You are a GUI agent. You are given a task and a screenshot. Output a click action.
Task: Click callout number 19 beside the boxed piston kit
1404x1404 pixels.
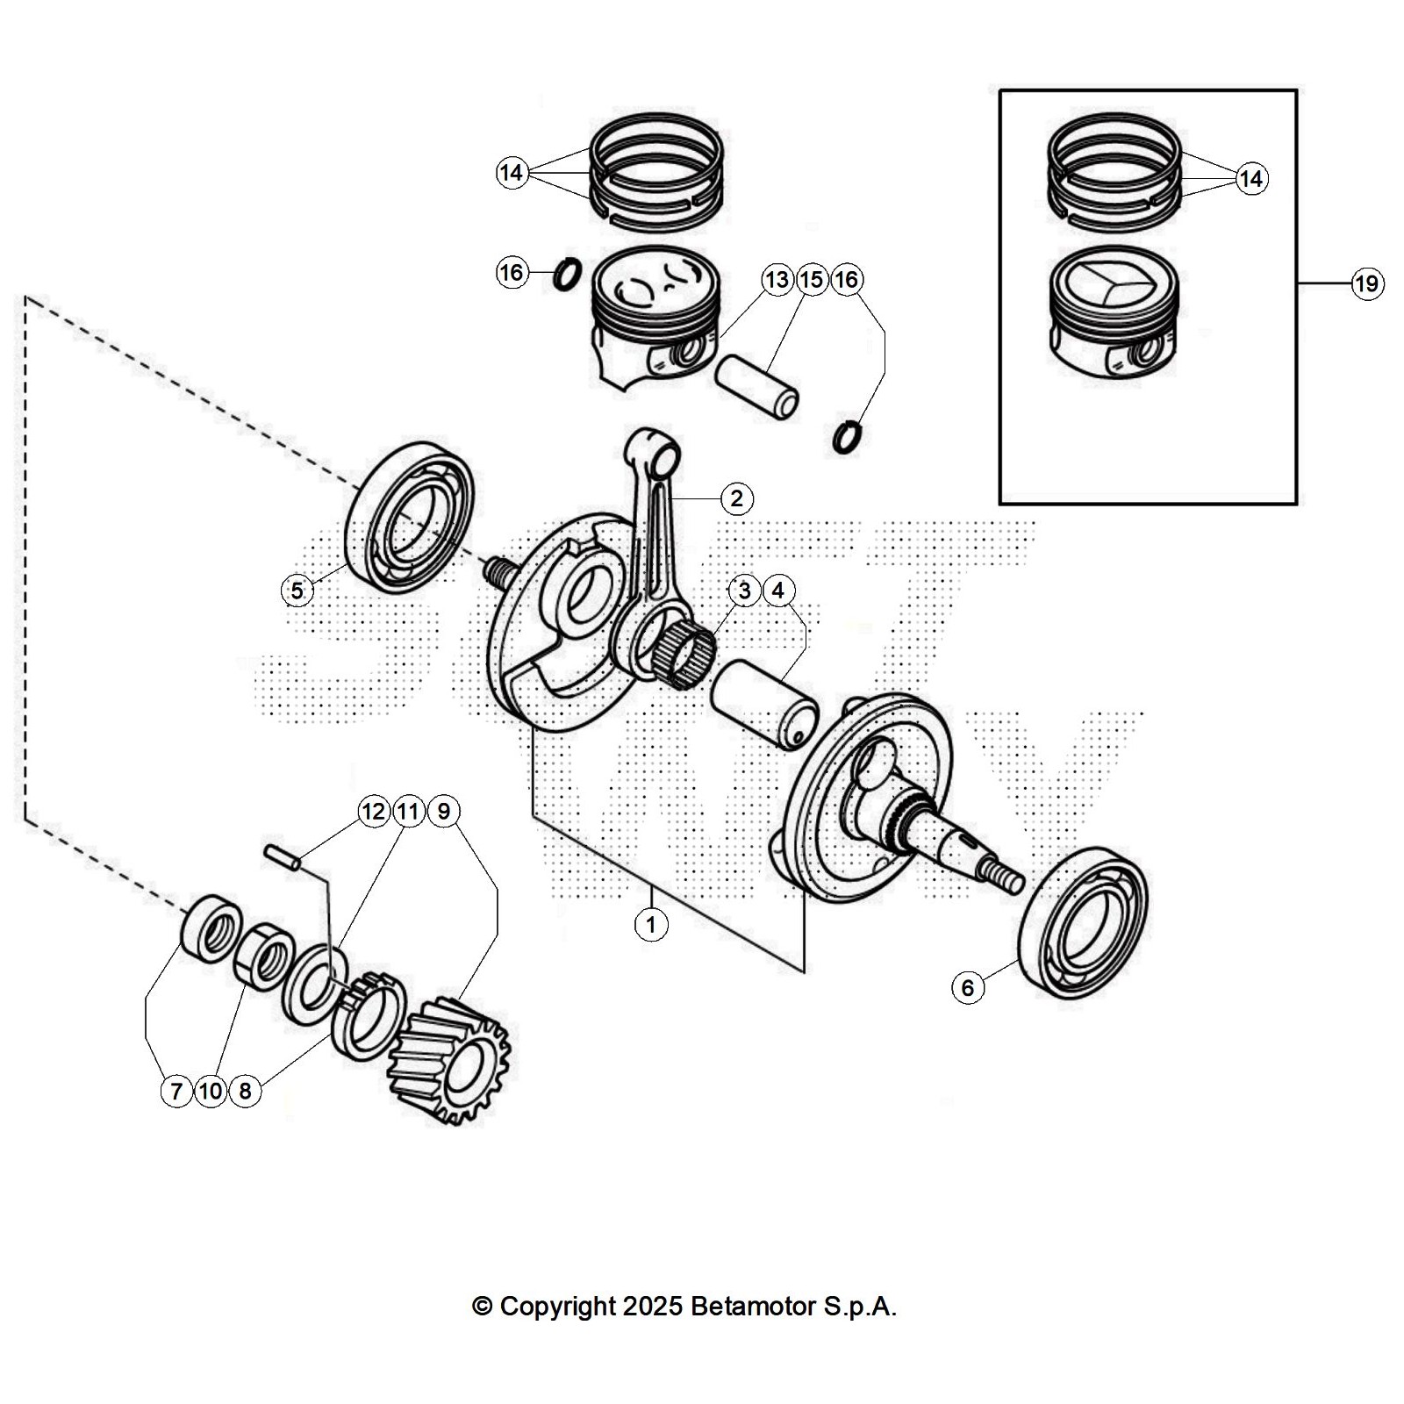[x=1366, y=283]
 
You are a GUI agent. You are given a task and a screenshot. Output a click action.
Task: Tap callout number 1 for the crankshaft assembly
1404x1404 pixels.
[x=651, y=924]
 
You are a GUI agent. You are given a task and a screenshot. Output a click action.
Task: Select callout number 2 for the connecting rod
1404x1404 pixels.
[x=736, y=498]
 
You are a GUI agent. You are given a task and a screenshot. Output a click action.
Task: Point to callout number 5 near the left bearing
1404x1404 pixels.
[x=297, y=591]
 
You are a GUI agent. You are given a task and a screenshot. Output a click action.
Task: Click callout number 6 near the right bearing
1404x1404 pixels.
[x=968, y=988]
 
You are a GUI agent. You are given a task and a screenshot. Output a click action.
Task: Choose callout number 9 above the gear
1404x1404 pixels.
[x=443, y=811]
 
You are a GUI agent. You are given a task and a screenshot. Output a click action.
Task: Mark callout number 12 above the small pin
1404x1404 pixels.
[x=374, y=811]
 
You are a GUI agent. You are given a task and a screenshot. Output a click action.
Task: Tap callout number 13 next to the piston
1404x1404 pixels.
[x=777, y=280]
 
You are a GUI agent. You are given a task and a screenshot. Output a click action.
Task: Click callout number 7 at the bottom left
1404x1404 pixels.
[x=176, y=1091]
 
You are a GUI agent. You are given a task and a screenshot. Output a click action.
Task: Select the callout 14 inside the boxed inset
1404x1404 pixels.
[x=1250, y=179]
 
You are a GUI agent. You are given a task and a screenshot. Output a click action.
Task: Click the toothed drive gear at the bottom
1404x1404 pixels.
[x=449, y=1060]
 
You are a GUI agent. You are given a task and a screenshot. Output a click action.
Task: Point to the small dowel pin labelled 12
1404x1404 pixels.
[x=283, y=857]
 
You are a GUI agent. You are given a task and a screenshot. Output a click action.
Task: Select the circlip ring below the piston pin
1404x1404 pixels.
[x=847, y=437]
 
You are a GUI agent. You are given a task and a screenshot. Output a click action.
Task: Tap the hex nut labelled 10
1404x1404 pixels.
[x=261, y=956]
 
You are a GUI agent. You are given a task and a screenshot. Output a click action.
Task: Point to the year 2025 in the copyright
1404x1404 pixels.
[x=653, y=1307]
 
